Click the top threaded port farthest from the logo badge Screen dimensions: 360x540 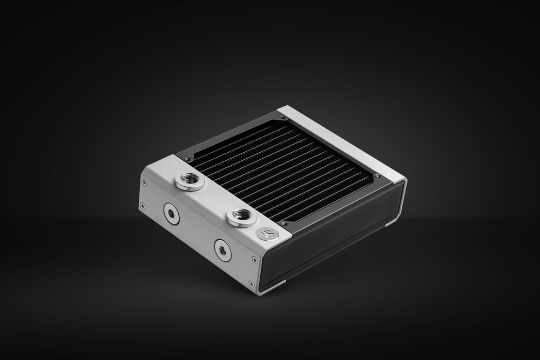[x=190, y=181]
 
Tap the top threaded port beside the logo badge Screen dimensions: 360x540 [x=239, y=216]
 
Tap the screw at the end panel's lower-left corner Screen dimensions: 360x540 [x=142, y=205]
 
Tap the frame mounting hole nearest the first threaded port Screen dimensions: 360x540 [x=187, y=158]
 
